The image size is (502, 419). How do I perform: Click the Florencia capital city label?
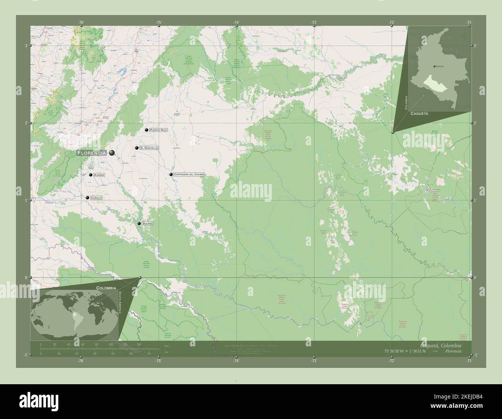[92, 153]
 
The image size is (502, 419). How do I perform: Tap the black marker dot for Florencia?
[112, 153]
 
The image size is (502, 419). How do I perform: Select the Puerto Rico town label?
[158, 130]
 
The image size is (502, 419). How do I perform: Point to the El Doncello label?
[149, 148]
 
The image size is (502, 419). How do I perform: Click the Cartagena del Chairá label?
[188, 174]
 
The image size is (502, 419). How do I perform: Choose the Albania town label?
[99, 175]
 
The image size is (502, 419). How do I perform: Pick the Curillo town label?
[96, 198]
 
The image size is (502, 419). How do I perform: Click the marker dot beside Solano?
[139, 223]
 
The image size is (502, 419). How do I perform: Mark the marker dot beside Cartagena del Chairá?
[171, 174]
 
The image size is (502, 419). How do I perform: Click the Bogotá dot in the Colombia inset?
[434, 66]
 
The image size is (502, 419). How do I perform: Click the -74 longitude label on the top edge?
[236, 22]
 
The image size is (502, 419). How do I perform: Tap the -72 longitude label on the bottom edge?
[392, 361]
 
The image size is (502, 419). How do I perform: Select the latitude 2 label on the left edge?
[25, 123]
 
